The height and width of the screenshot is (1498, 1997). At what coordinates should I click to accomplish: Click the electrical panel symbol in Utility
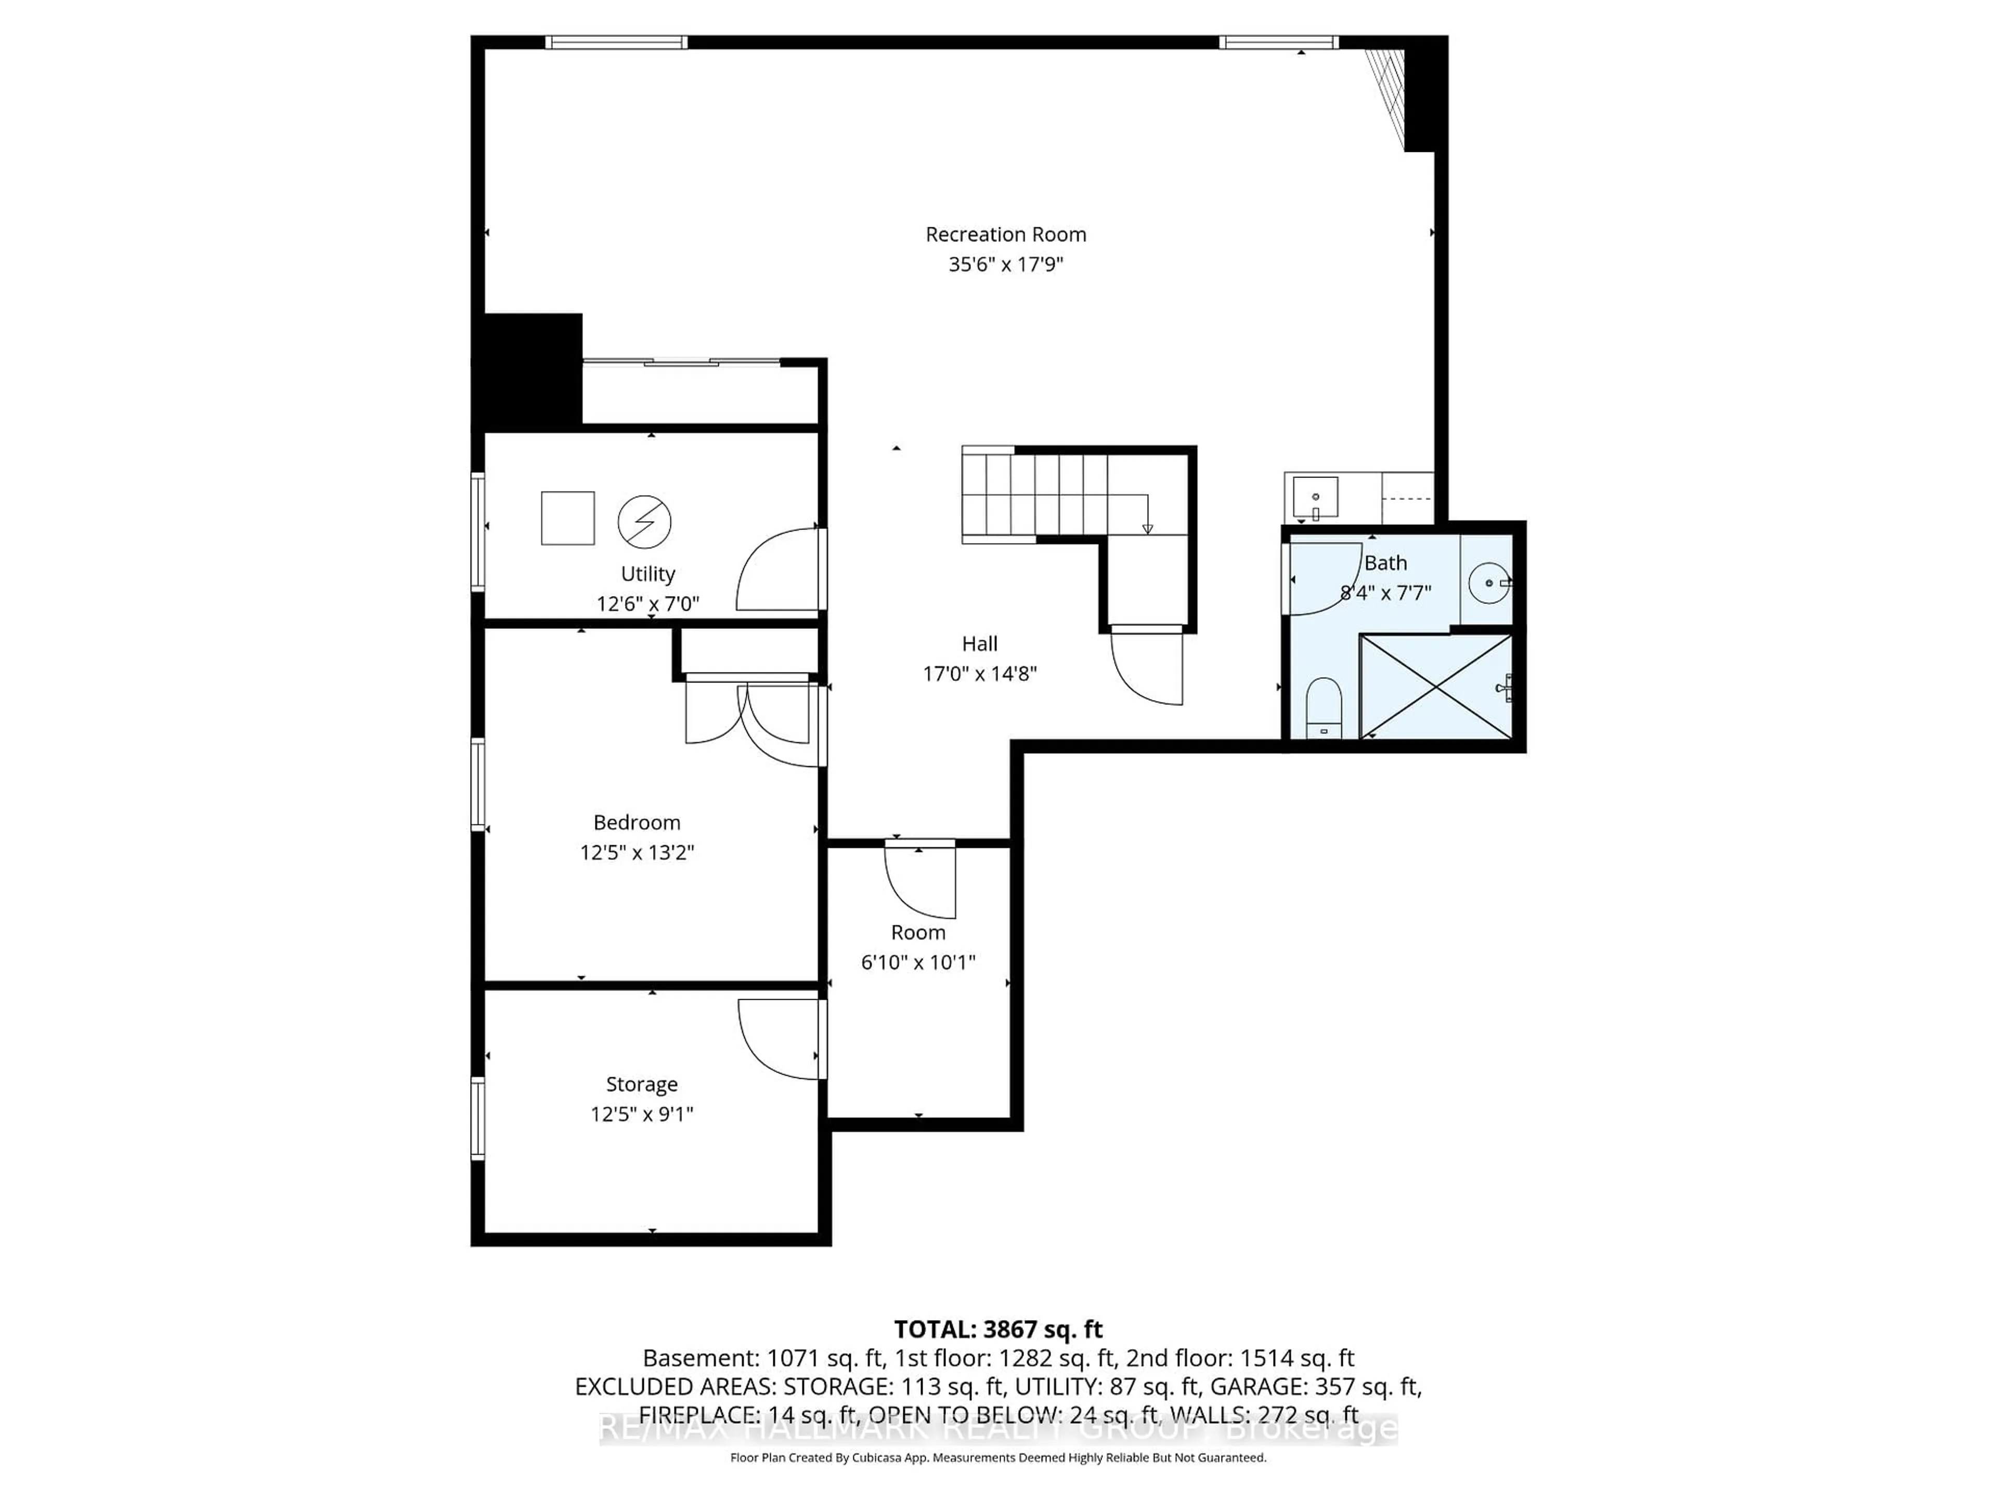pyautogui.click(x=644, y=522)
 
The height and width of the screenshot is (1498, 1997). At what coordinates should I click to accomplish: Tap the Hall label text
pyautogui.click(x=980, y=644)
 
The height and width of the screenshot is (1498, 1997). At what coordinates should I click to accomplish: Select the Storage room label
pyautogui.click(x=641, y=1084)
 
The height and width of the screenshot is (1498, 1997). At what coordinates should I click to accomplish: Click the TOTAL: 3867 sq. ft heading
pyautogui.click(x=997, y=1329)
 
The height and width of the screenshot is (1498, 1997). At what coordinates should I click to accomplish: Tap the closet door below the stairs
pyautogui.click(x=1147, y=668)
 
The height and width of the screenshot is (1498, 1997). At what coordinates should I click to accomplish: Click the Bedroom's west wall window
pyautogui.click(x=477, y=784)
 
